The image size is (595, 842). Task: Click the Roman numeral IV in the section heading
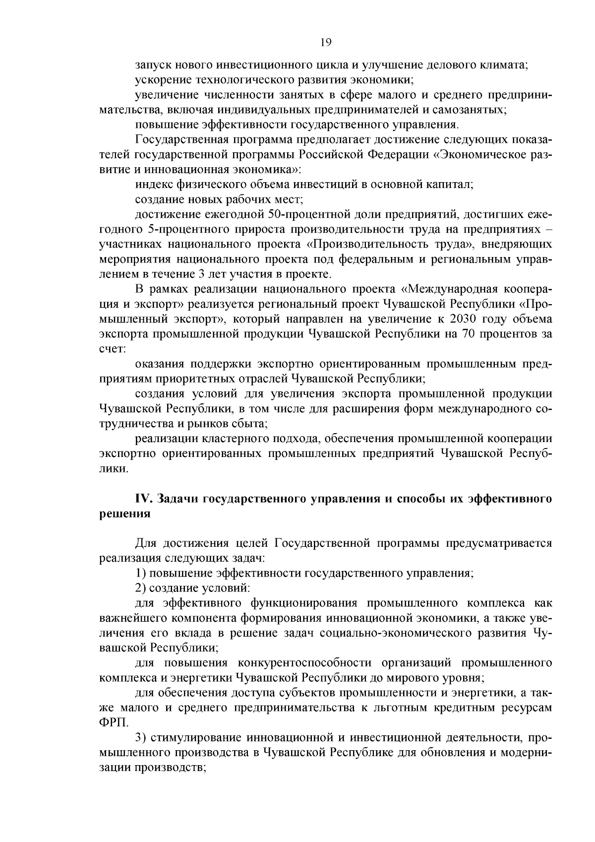(x=143, y=499)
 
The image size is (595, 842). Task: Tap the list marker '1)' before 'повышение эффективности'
(x=140, y=573)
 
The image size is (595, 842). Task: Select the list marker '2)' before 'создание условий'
(x=140, y=588)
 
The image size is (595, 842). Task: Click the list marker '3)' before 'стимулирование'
(x=140, y=738)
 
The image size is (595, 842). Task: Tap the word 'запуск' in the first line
(x=152, y=65)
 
